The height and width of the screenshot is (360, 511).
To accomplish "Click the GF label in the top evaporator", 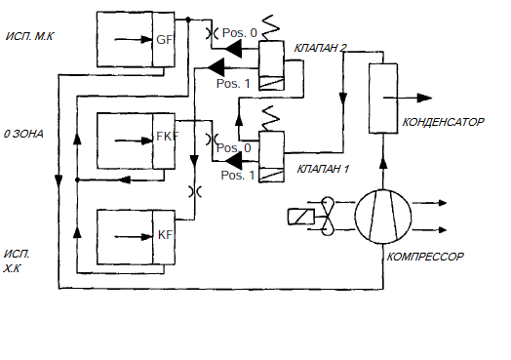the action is pos(164,39).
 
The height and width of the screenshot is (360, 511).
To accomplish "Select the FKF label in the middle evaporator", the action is pos(168,136).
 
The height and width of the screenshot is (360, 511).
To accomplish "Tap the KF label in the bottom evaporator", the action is pos(165,235).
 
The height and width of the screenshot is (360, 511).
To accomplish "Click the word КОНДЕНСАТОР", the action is pos(443,122).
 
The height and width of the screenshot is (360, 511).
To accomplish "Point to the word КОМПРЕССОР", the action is pos(425,257).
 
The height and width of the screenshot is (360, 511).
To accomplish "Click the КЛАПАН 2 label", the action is pos(321,48).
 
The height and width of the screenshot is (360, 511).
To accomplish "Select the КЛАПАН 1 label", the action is pos(323,169).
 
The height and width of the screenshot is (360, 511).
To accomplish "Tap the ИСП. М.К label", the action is pos(29,36).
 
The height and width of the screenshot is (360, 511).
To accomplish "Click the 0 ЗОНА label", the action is pos(23,134).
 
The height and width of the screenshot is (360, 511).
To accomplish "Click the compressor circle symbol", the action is pos(383,217).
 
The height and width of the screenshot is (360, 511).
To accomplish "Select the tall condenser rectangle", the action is pos(383,99).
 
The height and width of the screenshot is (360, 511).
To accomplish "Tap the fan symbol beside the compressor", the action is pos(328,217).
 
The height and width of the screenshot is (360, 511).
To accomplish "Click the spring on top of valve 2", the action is pos(271,28).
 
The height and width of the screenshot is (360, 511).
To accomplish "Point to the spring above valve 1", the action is pos(271,119).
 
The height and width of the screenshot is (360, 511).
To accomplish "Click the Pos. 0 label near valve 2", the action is pos(240,33).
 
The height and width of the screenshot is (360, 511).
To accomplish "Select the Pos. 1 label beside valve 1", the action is pos(238,176).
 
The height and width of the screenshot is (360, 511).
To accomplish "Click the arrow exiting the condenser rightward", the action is pos(408,98).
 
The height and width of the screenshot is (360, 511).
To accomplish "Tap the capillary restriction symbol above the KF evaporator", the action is pos(195,192).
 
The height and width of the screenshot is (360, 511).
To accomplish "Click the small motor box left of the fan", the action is pos(301,217).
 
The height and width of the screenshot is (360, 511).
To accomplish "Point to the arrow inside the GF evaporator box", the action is pos(134,39).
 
